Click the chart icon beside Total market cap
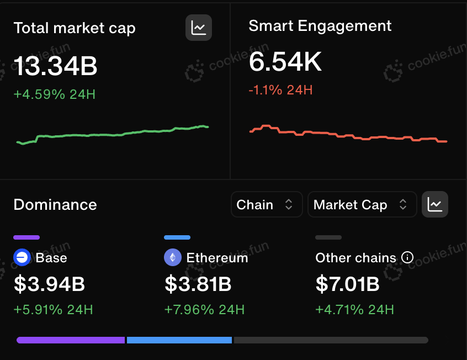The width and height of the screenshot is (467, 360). pos(199,28)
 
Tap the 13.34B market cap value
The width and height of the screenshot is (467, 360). pos(55,66)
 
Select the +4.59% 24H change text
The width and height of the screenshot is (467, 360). pos(55,94)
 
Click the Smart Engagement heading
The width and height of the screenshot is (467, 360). pos(320,26)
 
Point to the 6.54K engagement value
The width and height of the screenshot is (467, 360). pos(285,62)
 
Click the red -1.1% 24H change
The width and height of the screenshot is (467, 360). pos(280,90)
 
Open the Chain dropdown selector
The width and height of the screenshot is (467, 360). pos(267,204)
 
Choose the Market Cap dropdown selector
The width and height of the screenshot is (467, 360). pos(362,204)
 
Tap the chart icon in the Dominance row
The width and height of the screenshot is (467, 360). pos(435,204)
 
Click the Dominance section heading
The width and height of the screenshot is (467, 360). pos(55,205)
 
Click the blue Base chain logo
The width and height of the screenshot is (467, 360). pos(22,257)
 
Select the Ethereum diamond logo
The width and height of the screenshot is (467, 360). pos(173,257)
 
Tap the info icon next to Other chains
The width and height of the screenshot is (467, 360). pos(407,257)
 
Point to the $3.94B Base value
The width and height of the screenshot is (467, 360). pos(50,284)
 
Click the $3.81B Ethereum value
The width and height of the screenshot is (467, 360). pos(198,284)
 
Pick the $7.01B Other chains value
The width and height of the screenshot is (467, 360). pos(348,284)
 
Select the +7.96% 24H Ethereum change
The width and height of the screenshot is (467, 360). pos(204,310)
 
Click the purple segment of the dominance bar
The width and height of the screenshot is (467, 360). pos(71,340)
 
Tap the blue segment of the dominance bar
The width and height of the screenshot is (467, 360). pos(179,340)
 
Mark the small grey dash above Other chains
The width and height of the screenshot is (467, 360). pos(328,237)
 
